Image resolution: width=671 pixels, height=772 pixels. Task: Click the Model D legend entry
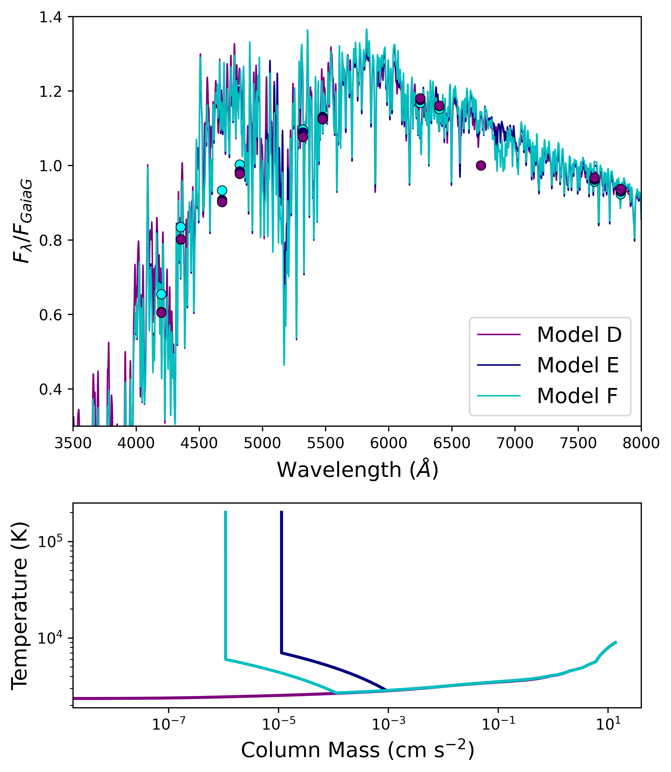coord(578,335)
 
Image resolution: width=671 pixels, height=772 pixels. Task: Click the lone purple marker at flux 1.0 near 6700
coord(481,165)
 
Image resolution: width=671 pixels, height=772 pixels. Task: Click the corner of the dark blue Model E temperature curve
coord(281,653)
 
